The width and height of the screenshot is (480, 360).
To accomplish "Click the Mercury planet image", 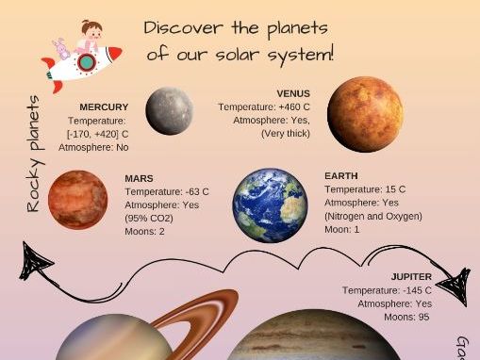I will pyautogui.click(x=169, y=110).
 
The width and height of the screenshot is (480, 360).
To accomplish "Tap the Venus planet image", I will pyautogui.click(x=365, y=115).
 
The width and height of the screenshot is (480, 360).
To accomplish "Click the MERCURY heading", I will pyautogui.click(x=104, y=107).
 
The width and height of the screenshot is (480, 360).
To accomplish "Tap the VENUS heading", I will pyautogui.click(x=293, y=93).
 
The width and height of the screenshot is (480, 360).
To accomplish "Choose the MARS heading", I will pyautogui.click(x=139, y=178).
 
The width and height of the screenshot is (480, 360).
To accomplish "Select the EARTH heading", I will pyautogui.click(x=340, y=176).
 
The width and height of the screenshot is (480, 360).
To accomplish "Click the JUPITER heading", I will pyautogui.click(x=411, y=277).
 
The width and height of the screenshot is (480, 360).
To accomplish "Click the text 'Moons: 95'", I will pyautogui.click(x=407, y=318).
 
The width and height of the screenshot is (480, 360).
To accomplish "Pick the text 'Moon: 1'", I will pyautogui.click(x=343, y=229).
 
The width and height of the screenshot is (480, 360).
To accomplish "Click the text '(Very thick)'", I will pyautogui.click(x=286, y=134).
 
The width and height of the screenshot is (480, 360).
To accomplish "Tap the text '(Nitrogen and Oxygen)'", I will pyautogui.click(x=372, y=216).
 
